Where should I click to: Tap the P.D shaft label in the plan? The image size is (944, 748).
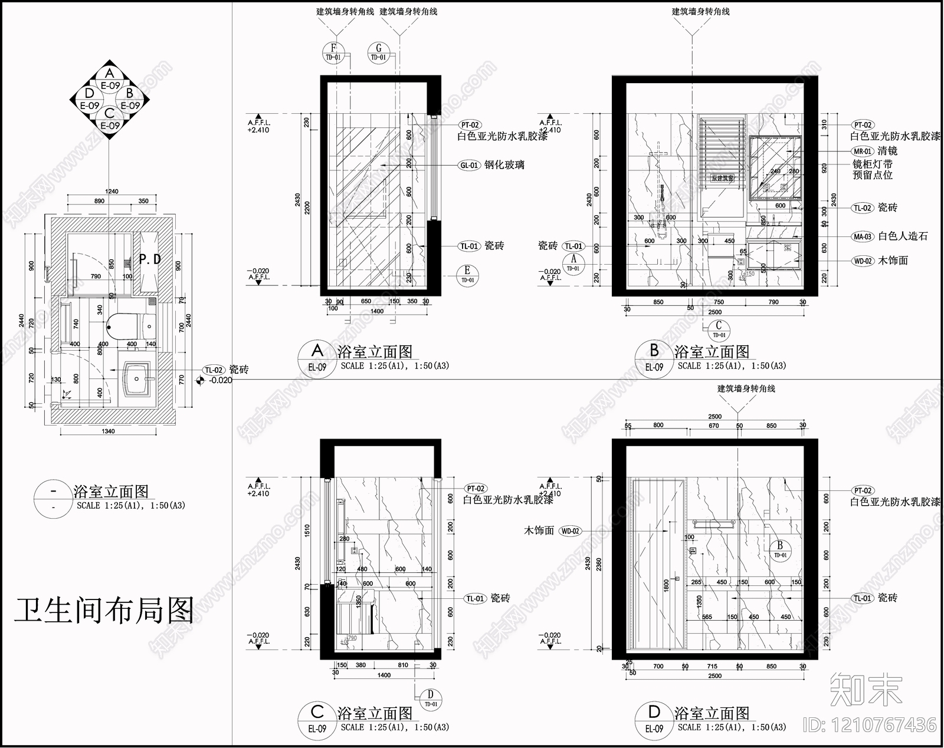[150, 259]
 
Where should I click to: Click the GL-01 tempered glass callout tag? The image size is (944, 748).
[470, 166]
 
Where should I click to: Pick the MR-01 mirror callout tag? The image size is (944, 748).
[863, 151]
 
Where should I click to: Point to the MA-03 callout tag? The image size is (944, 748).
[863, 236]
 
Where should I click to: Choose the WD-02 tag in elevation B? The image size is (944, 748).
[863, 261]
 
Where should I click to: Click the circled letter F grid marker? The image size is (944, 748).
[333, 52]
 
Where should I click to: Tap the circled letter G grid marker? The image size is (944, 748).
[378, 52]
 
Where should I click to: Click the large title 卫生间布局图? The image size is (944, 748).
[104, 611]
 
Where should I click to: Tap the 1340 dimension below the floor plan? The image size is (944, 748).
[108, 431]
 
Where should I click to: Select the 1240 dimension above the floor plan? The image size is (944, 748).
[111, 192]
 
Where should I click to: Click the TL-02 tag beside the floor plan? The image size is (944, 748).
[214, 370]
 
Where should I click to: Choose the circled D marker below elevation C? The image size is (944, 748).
[431, 697]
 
